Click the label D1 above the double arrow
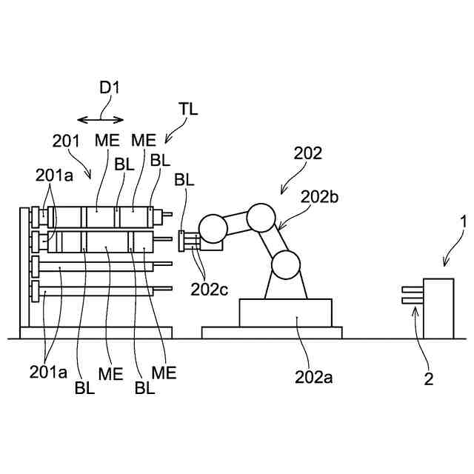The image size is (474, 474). tap(109, 87)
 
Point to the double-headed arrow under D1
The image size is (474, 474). tap(102, 119)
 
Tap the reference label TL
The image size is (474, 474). tap(189, 108)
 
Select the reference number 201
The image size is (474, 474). tap(65, 139)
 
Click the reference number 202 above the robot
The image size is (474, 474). tap(308, 154)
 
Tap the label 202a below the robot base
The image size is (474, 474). tap(315, 378)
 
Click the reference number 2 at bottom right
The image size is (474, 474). tap(429, 380)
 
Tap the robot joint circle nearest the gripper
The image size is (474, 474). tap(213, 229)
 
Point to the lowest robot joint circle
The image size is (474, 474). tap(287, 264)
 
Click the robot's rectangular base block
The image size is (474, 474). tap(286, 312)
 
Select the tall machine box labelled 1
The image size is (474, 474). tap(438, 307)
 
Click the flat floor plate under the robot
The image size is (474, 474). tap(272, 333)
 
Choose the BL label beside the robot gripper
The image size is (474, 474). tap(185, 179)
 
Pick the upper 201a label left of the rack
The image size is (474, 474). tap(54, 176)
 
